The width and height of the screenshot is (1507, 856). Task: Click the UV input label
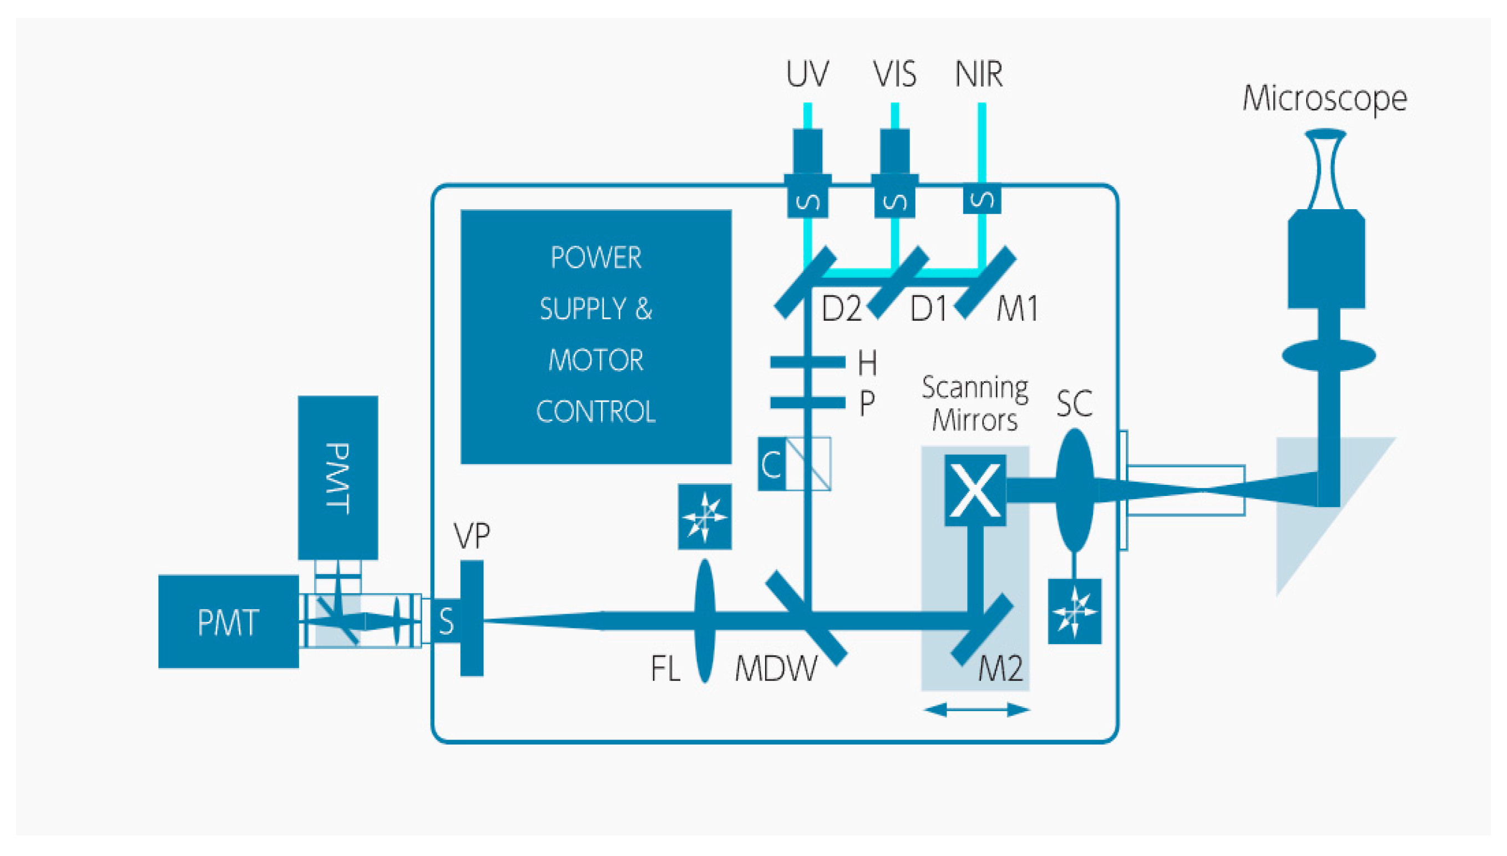tap(807, 74)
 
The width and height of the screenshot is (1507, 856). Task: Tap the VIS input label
tap(894, 74)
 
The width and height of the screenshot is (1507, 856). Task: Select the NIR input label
tap(978, 74)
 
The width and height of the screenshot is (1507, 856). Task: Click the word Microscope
tap(1324, 98)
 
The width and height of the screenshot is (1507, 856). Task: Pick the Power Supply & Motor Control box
tap(595, 336)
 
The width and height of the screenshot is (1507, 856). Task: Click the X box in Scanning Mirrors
tap(975, 490)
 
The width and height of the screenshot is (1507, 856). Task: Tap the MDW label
tap(776, 668)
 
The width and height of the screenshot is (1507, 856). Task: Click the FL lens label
tap(665, 668)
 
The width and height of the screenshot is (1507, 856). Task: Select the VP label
tap(472, 535)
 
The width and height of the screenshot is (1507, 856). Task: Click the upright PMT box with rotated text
tap(337, 478)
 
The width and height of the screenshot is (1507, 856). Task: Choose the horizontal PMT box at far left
tap(228, 621)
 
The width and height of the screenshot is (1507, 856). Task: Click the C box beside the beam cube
tap(771, 464)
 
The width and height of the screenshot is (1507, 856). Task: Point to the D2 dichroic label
tap(841, 308)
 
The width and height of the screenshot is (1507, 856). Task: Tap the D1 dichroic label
tap(929, 308)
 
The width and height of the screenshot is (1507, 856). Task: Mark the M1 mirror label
tap(1017, 308)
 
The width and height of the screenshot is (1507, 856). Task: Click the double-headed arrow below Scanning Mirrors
tap(977, 710)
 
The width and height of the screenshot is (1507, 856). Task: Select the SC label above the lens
tap(1074, 403)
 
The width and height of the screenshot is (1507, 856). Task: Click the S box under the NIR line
tap(982, 200)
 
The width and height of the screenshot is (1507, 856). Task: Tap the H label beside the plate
tap(867, 363)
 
